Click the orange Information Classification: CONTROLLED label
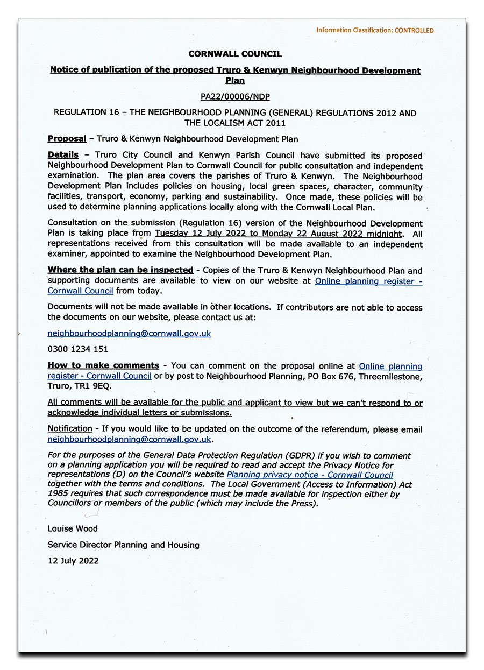click(x=375, y=30)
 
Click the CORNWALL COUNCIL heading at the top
click(x=235, y=54)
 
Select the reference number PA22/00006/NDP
click(x=235, y=97)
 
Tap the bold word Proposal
click(x=67, y=139)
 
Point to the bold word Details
click(x=63, y=155)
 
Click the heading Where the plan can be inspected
click(x=120, y=270)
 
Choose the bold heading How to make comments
click(x=103, y=365)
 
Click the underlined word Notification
click(x=70, y=429)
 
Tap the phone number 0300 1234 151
click(x=78, y=349)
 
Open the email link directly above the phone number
click(x=129, y=334)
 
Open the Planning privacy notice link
click(x=310, y=475)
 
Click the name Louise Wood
click(x=73, y=528)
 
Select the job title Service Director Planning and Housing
click(x=123, y=545)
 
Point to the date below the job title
click(x=73, y=561)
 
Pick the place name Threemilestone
click(x=390, y=376)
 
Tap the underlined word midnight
click(x=382, y=234)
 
